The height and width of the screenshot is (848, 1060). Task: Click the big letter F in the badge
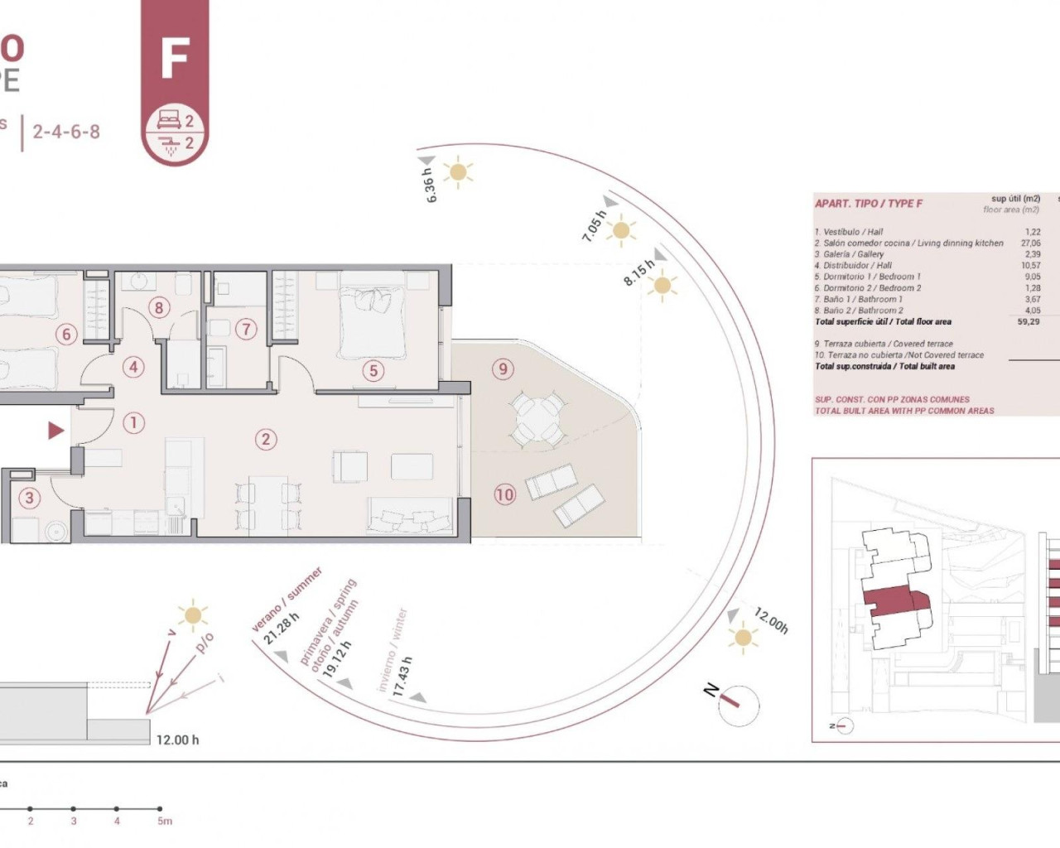175,58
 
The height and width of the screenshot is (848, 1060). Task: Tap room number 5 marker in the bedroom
373,371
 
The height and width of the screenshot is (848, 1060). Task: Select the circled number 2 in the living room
266,439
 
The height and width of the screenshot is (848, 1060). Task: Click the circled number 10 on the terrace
504,494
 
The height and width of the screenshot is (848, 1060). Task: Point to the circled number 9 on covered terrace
503,369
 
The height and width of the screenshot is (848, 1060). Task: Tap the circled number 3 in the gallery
30,498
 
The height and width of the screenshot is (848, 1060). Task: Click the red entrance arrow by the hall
55,430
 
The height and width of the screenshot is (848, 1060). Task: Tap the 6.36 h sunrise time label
429,185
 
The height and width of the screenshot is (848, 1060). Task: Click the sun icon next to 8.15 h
662,287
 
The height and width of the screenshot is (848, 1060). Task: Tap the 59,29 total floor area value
1028,321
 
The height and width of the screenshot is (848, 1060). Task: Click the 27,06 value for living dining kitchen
1030,243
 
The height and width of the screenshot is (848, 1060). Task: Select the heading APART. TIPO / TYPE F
868,204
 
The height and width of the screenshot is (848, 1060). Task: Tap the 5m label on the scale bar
165,821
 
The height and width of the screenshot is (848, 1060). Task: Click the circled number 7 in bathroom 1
245,329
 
